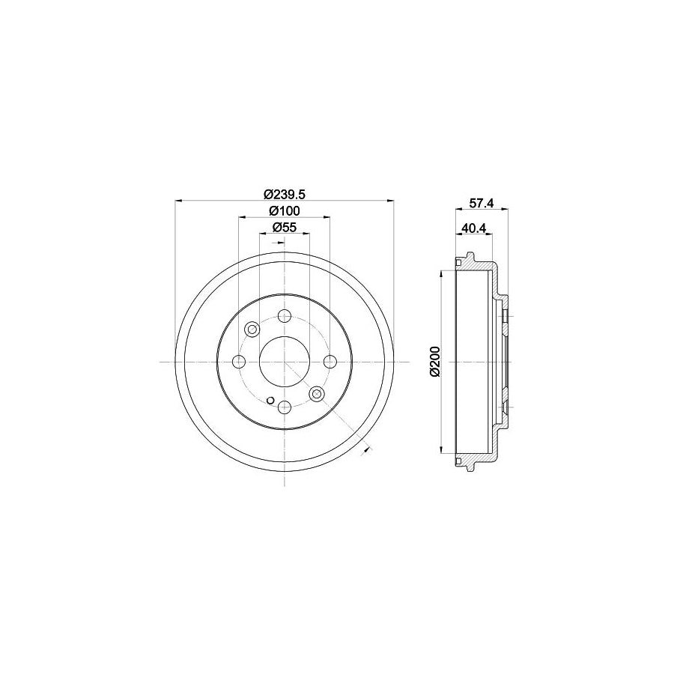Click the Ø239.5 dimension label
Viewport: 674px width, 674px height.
coord(284,192)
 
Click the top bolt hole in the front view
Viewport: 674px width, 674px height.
coord(284,317)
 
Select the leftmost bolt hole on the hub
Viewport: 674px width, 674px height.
coord(239,362)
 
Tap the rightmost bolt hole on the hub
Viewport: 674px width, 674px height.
coord(330,362)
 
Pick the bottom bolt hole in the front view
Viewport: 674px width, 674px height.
coord(284,407)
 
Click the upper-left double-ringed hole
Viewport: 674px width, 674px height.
coord(252,330)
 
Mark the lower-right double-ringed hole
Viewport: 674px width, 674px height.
coord(316,394)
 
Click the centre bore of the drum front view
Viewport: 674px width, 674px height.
coord(284,362)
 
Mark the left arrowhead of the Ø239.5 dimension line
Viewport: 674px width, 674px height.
coord(178,200)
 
